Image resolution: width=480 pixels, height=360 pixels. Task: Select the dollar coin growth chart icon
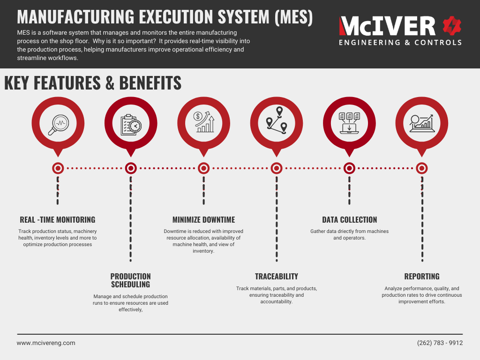204,122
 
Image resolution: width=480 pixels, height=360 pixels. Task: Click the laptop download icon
349,122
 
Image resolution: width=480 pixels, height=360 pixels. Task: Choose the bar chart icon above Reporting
421,123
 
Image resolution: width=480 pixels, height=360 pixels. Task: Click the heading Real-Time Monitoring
58,220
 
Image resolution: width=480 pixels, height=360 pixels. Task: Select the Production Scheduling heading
130,280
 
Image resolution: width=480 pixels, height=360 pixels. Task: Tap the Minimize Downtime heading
203,220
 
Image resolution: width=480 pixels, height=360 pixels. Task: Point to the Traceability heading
277,277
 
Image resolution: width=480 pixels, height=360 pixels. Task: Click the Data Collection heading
349,220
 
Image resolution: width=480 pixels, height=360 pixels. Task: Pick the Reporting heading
422,277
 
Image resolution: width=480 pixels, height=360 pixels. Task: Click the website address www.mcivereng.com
46,343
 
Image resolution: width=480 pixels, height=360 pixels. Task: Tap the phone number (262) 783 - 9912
440,343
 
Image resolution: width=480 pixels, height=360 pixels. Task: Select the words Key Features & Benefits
93,83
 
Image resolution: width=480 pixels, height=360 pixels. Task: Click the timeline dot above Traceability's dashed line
277,168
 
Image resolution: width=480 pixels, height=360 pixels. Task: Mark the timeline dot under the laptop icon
349,168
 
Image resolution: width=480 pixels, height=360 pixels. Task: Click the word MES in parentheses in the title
293,17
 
